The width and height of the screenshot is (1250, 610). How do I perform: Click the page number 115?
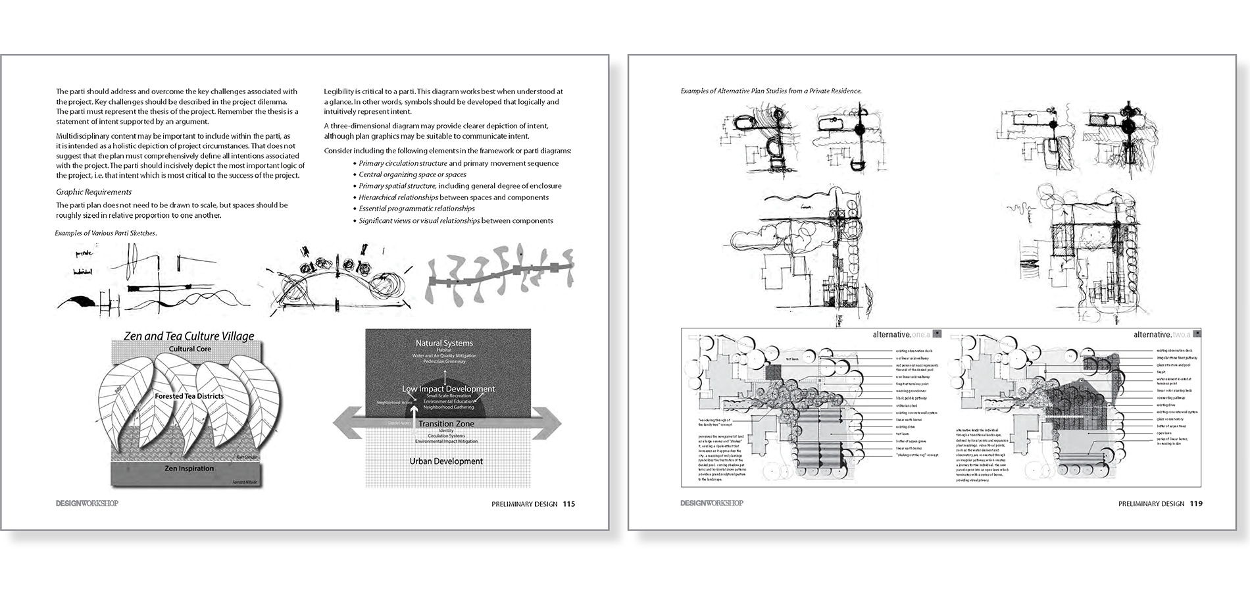(568, 504)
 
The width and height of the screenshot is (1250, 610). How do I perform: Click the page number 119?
(1195, 504)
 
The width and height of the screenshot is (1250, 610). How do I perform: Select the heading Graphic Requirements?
(93, 192)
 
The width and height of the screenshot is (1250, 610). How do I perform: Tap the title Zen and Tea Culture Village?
(189, 336)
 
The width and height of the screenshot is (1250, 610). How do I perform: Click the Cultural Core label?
(189, 349)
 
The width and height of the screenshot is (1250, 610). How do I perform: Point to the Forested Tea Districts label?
(189, 396)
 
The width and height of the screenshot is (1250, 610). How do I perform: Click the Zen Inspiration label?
(189, 469)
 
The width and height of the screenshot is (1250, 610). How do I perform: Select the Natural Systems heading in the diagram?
(444, 343)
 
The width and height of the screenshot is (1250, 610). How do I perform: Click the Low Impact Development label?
(448, 389)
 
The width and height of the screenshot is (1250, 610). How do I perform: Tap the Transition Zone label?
(445, 424)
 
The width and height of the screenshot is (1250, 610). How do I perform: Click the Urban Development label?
(445, 461)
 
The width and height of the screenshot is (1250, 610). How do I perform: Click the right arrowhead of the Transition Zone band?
(550, 421)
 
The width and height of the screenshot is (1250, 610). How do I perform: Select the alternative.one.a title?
(899, 335)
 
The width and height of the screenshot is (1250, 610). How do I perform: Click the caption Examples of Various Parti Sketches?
(105, 233)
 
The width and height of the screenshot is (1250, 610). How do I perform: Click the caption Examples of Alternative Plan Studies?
(771, 91)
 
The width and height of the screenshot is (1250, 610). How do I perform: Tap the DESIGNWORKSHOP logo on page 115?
(87, 504)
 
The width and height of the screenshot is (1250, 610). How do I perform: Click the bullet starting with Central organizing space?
(412, 174)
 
